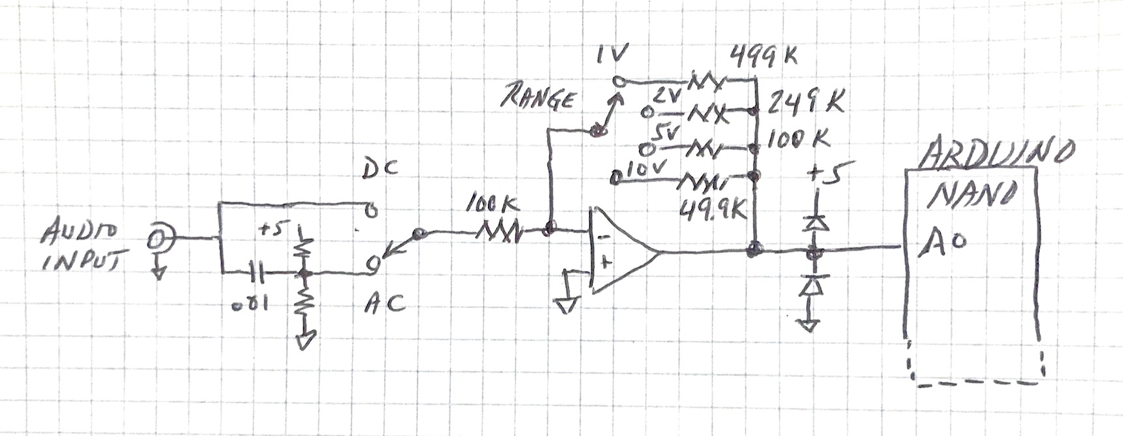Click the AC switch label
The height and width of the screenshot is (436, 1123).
(x=385, y=303)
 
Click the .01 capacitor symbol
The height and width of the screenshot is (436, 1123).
(x=257, y=272)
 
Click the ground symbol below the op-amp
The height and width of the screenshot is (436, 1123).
(x=566, y=304)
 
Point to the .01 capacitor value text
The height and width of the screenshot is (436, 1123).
(x=252, y=305)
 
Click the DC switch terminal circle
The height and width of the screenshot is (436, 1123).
(x=370, y=211)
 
